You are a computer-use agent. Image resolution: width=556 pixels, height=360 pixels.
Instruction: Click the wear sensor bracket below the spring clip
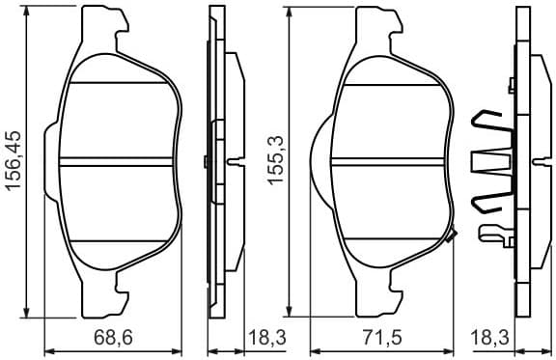pos(494,232)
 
